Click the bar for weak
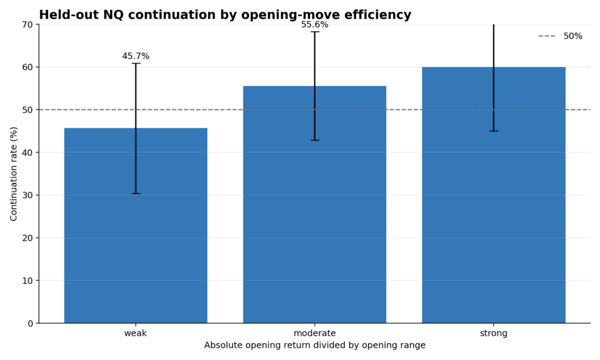135,226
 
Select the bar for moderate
315,205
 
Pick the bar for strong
493,195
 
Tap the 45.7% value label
136,56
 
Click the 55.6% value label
315,25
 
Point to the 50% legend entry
560,36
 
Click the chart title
225,15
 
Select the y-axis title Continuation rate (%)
14,174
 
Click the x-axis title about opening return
315,345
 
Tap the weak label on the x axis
135,333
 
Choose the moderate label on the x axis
315,333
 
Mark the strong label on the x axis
493,333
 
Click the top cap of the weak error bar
135,63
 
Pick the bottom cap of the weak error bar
135,193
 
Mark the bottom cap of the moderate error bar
315,140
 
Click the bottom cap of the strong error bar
493,131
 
